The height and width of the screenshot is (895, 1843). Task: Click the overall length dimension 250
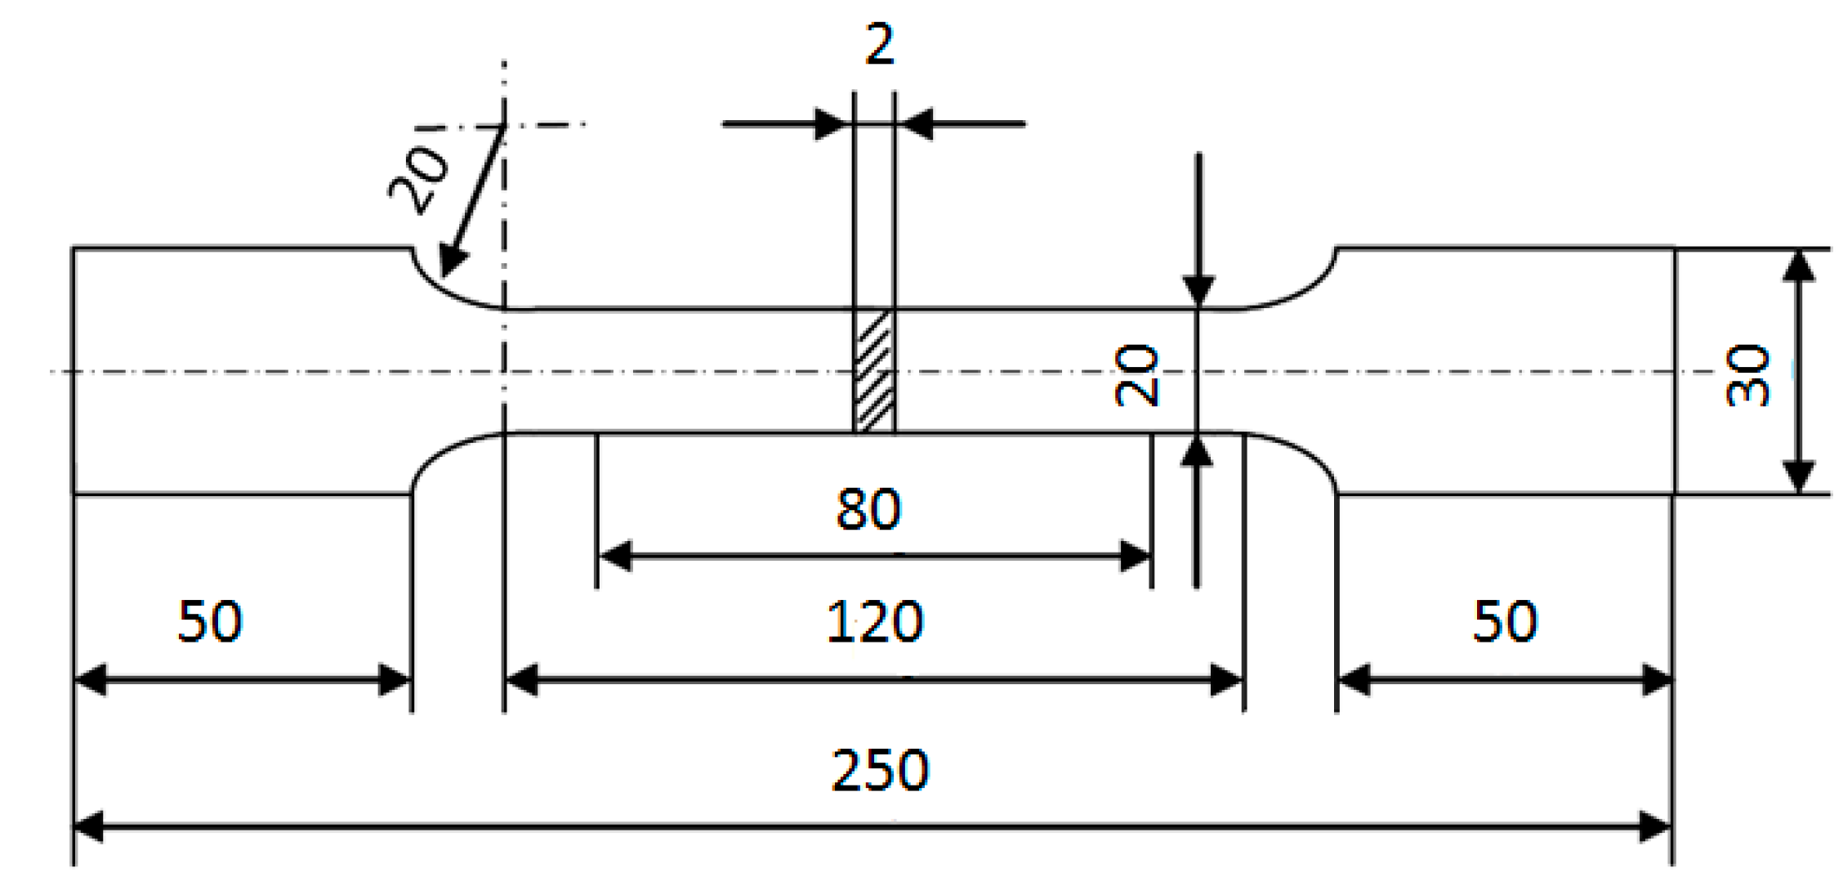pyautogui.click(x=880, y=770)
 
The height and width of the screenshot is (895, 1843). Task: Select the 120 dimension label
pyautogui.click(x=874, y=623)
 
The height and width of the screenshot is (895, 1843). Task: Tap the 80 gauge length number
pyautogui.click(x=868, y=509)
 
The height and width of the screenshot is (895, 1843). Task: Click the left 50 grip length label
pyautogui.click(x=210, y=621)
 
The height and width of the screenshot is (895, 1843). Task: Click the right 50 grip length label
pyautogui.click(x=1505, y=621)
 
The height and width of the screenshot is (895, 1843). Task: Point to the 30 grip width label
pyautogui.click(x=1747, y=376)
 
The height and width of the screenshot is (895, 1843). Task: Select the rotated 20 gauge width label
pyautogui.click(x=1136, y=376)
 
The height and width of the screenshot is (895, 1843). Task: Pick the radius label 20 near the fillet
pyautogui.click(x=418, y=180)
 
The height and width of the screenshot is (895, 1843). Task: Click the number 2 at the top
pyautogui.click(x=879, y=44)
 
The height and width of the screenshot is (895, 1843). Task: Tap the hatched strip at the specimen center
pyautogui.click(x=874, y=371)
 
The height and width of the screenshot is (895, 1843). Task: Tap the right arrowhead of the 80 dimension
pyautogui.click(x=1136, y=556)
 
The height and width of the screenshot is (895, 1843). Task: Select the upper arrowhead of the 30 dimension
pyautogui.click(x=1798, y=266)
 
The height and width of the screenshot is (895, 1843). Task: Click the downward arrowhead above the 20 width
pyautogui.click(x=1198, y=291)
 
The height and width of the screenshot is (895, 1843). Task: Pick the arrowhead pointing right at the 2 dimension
pyautogui.click(x=832, y=124)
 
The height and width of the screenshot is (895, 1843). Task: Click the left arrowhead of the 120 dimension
pyautogui.click(x=521, y=679)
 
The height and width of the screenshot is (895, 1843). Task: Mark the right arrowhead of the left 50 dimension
pyautogui.click(x=395, y=679)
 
